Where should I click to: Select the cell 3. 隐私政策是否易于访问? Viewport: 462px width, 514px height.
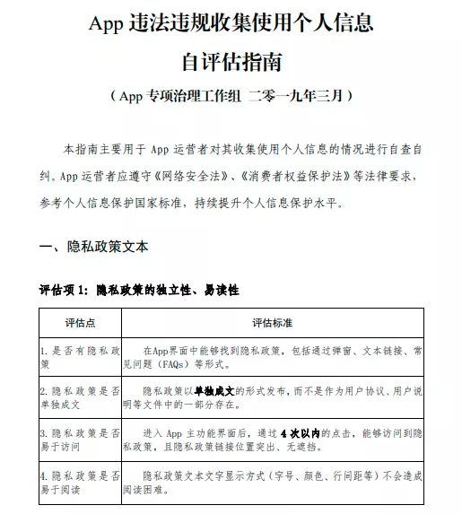tap(80, 440)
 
